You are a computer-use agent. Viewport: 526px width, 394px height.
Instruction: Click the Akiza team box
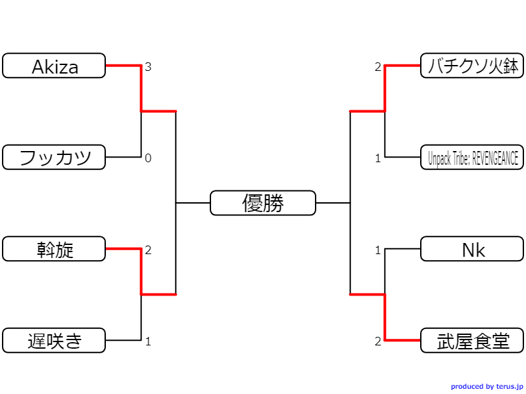[54, 66]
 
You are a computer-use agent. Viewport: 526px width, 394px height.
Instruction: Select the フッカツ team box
[54, 158]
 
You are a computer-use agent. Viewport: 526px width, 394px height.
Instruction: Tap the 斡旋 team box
[54, 249]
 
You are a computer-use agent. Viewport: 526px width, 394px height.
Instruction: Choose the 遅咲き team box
[54, 341]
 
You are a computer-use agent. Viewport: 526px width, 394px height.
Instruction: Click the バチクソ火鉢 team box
[472, 66]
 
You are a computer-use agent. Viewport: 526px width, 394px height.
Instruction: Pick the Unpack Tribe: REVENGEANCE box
[472, 158]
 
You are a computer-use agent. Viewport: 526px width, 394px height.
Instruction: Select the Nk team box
[472, 249]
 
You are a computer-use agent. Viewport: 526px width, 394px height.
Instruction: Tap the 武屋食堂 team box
[472, 341]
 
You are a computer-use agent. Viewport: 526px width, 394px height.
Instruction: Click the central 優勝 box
[263, 203]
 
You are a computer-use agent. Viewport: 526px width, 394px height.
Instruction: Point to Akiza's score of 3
[148, 67]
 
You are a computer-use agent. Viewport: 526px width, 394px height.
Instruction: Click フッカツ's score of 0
[148, 158]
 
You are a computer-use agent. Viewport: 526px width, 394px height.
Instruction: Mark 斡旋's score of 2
[148, 250]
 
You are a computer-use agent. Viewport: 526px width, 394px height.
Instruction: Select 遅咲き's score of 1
[148, 341]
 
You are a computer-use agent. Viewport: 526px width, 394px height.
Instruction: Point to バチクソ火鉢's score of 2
[378, 67]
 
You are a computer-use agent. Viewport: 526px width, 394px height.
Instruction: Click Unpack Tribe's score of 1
[378, 158]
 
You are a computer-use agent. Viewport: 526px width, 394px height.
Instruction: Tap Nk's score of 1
[378, 250]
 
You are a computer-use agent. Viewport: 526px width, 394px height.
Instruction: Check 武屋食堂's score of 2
[378, 341]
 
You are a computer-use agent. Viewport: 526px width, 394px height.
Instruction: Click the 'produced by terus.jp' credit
[487, 387]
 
